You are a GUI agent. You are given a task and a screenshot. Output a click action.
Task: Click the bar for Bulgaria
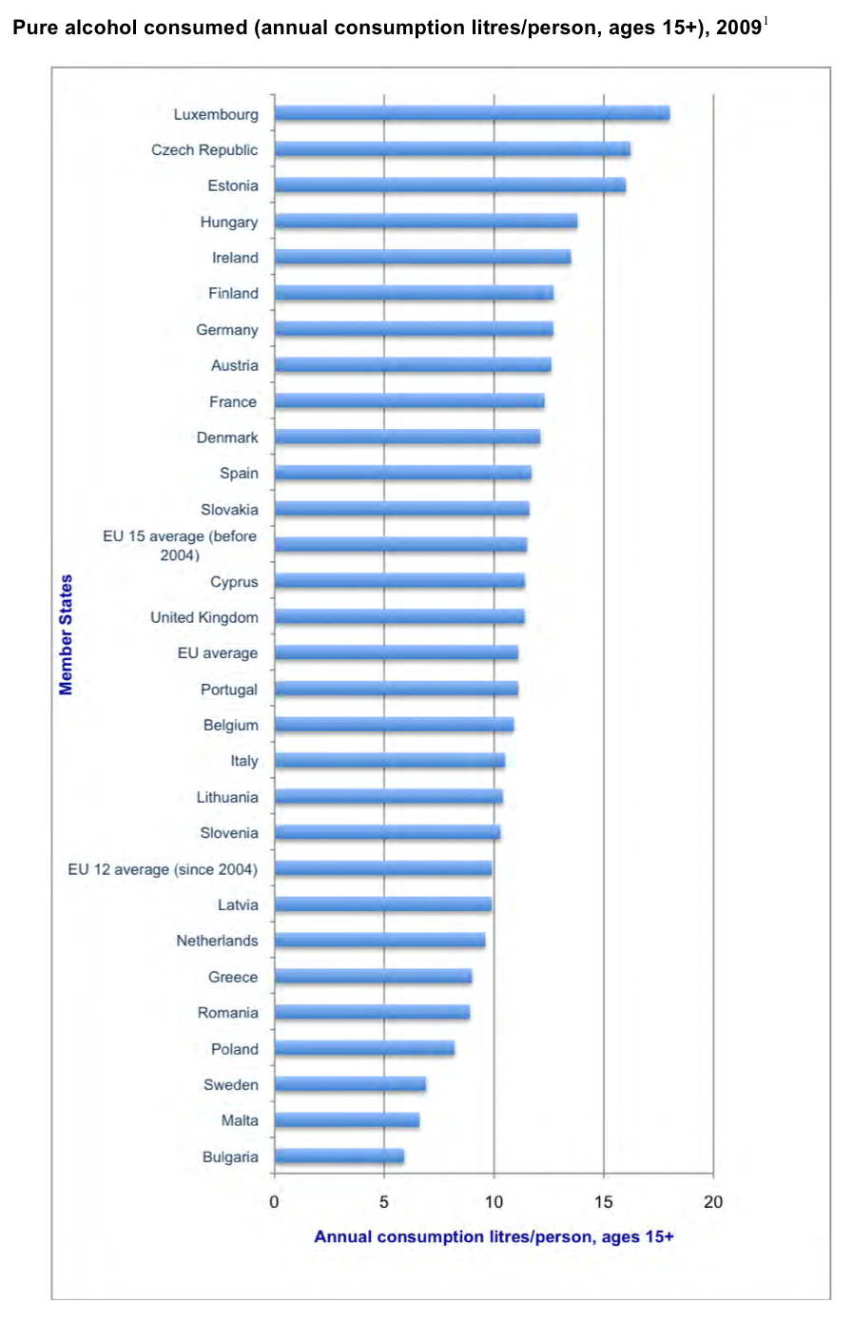339,1157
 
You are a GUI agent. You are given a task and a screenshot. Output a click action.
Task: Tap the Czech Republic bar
453,149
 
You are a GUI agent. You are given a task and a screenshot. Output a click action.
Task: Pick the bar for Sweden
350,1084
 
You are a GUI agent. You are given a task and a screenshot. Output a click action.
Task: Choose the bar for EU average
397,652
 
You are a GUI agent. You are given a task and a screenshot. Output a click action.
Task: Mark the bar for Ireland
423,257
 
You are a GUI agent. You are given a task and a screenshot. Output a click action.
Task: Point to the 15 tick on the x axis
604,1202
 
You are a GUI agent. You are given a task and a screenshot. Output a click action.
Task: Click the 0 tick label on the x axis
274,1202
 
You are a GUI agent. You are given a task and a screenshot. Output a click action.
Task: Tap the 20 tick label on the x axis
713,1202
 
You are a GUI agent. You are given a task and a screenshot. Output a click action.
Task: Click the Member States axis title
66,634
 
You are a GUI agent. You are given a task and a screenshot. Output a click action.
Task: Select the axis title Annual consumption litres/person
494,1236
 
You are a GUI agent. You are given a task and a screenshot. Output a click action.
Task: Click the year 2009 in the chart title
739,28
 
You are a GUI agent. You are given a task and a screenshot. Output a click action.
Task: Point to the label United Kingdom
204,617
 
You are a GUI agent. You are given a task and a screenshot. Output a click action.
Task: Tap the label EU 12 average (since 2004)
163,869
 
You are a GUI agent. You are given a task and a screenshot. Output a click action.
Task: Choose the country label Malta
240,1120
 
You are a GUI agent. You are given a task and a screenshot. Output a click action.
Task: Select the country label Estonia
233,185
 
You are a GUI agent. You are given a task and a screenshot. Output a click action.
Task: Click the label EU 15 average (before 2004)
180,545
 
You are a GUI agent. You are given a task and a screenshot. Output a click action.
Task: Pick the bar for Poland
364,1048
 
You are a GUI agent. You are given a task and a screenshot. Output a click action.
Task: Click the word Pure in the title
34,28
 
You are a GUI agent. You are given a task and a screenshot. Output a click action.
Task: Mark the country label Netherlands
217,941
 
